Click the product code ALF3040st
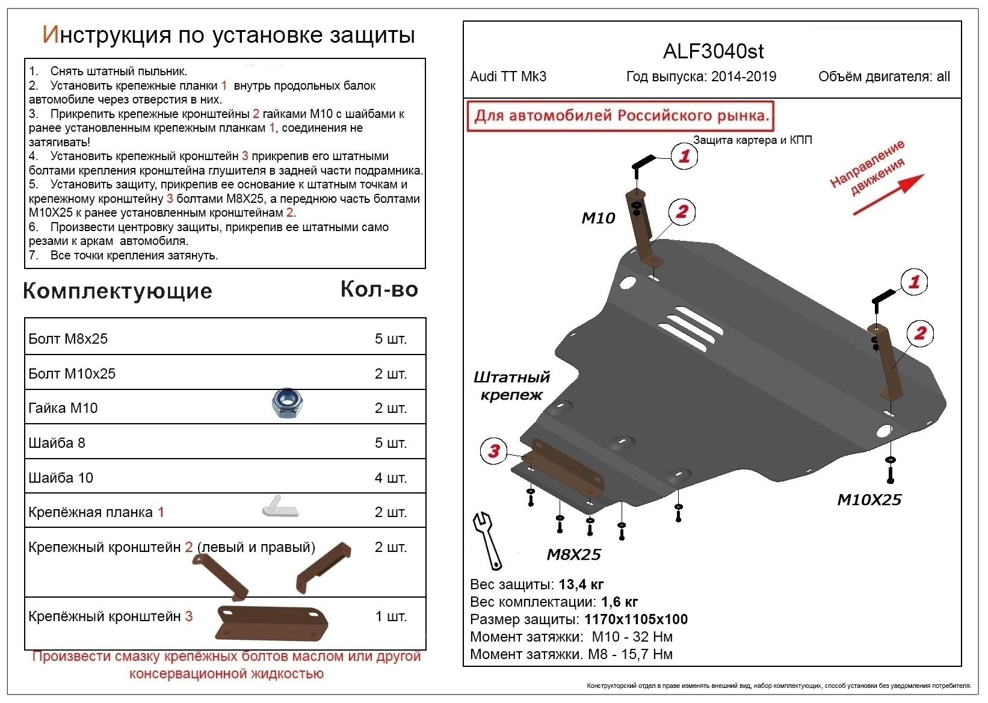pyautogui.click(x=713, y=51)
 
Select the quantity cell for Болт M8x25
pyautogui.click(x=391, y=339)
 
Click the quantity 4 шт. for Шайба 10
pyautogui.click(x=391, y=478)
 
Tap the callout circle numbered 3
pyautogui.click(x=494, y=451)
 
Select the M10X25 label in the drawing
pyautogui.click(x=869, y=500)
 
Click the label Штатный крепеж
pyautogui.click(x=511, y=386)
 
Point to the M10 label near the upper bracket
pyautogui.click(x=598, y=218)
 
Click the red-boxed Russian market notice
pyautogui.click(x=621, y=116)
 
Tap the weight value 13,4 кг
pyautogui.click(x=581, y=584)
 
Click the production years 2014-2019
pyautogui.click(x=743, y=77)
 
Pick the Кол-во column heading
pyautogui.click(x=379, y=290)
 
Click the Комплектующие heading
pyautogui.click(x=117, y=291)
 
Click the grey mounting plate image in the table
pyautogui.click(x=280, y=507)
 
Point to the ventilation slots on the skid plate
pyautogui.click(x=691, y=327)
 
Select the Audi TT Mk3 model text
pyautogui.click(x=508, y=77)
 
